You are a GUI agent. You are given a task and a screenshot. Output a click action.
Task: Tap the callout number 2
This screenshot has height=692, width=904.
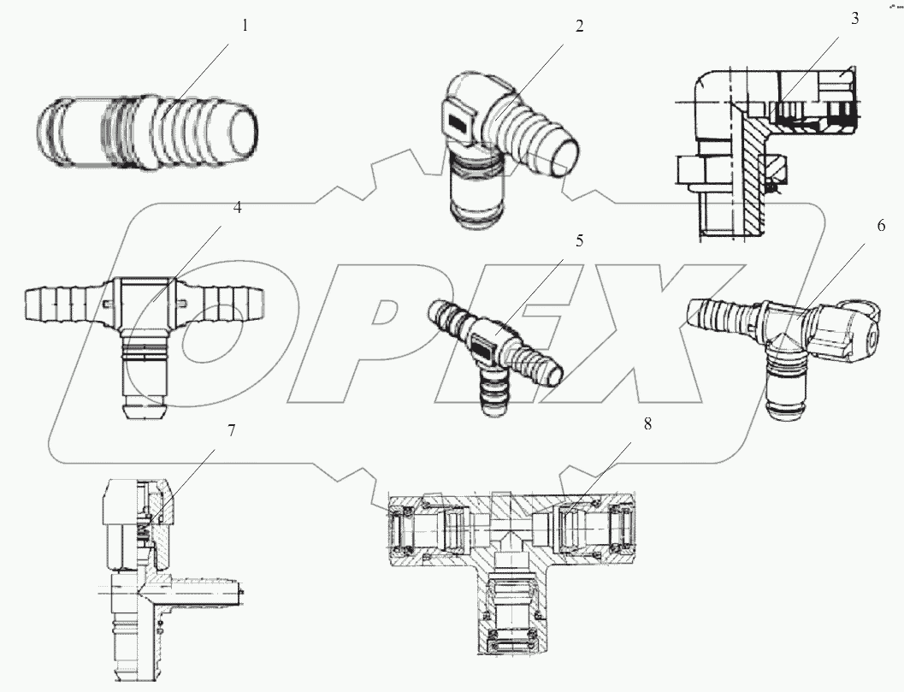pos(579,26)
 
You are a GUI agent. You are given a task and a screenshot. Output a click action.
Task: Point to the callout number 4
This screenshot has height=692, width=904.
pos(237,208)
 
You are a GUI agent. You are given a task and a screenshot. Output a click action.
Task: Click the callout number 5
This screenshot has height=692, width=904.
pos(579,240)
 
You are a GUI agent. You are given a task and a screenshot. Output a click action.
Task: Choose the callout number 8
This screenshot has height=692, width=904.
pos(647,425)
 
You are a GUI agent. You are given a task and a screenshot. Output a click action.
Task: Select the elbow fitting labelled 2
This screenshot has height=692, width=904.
pos(496,145)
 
